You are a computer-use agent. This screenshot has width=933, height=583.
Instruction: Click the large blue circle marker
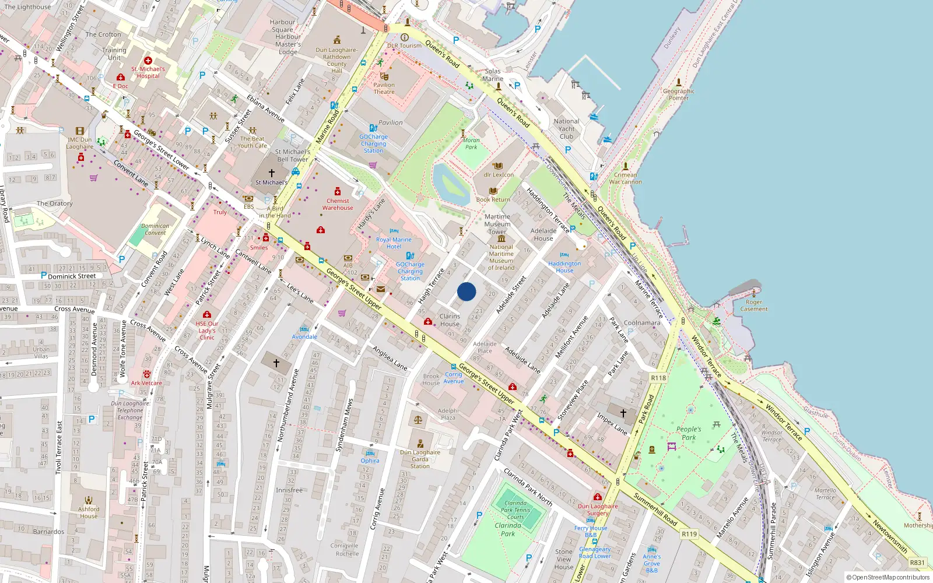coord(466,291)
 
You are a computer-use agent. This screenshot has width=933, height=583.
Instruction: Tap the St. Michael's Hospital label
coord(148,72)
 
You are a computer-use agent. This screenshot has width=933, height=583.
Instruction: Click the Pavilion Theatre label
coord(384,88)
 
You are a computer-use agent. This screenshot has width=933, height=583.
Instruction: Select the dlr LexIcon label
coord(499,175)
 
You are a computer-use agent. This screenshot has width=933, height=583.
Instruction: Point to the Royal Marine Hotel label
coord(394,243)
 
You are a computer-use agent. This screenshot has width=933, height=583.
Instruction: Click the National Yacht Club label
coord(566,129)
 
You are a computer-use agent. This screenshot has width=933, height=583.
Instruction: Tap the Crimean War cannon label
coord(625,178)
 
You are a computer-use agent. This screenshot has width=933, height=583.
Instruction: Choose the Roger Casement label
coord(754,305)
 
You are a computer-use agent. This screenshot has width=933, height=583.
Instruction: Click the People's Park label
coord(689,433)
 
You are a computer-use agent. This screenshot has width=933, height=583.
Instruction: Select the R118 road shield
coord(658,378)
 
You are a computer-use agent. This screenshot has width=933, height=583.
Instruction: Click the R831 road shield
coord(917,563)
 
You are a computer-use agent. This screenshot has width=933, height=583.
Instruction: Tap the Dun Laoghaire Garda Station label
coord(420,459)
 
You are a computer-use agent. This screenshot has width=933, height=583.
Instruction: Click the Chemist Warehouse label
coord(338,204)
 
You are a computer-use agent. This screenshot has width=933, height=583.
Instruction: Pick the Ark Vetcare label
coord(146,383)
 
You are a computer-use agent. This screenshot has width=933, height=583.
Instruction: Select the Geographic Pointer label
coord(679,94)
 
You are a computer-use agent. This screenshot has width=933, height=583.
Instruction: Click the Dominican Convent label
coord(155,229)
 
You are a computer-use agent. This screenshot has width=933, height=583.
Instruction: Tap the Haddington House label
coord(564,267)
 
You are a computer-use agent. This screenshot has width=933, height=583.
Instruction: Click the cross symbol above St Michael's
coord(271,173)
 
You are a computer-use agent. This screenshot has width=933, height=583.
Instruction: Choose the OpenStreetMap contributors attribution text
coord(888,578)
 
